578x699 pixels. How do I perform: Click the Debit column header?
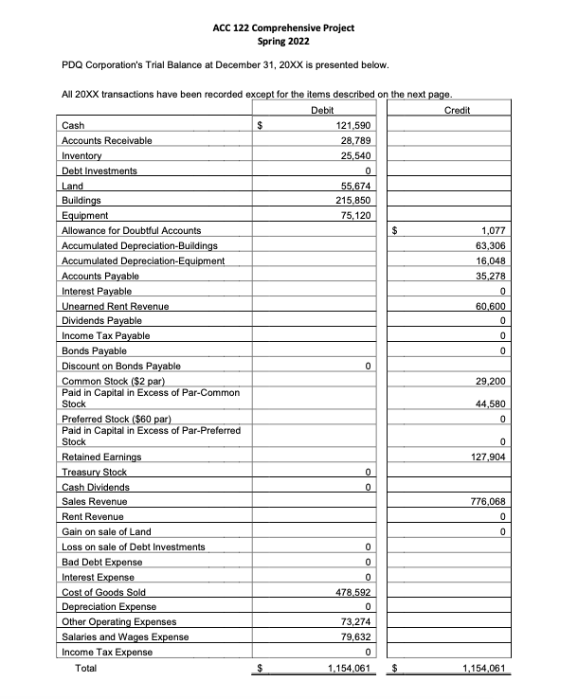pyautogui.click(x=321, y=111)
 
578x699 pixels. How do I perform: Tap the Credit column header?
pyautogui.click(x=457, y=111)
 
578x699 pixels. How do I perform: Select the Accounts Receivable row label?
pyautogui.click(x=106, y=140)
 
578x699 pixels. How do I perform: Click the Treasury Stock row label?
pyautogui.click(x=94, y=472)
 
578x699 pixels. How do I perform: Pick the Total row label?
pyautogui.click(x=86, y=668)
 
